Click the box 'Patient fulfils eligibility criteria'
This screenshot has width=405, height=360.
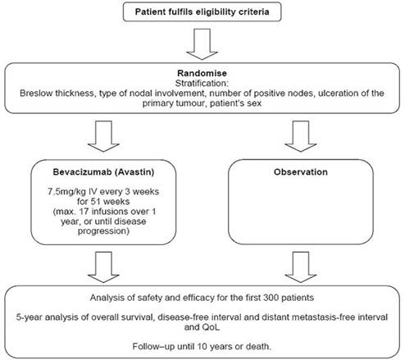click(202, 11)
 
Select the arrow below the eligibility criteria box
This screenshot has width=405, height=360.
click(202, 44)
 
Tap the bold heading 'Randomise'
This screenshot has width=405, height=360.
click(202, 73)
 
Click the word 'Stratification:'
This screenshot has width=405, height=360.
click(202, 83)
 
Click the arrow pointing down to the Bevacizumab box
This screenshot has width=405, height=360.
click(103, 136)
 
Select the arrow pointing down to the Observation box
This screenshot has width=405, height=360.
click(301, 136)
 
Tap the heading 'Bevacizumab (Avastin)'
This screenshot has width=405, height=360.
click(103, 172)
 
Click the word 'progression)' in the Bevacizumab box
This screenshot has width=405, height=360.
click(103, 231)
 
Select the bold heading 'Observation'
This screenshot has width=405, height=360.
click(301, 172)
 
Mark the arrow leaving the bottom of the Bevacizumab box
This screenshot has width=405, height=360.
click(103, 267)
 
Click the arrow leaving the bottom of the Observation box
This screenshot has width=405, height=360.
click(301, 267)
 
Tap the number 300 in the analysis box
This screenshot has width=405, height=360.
click(271, 298)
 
